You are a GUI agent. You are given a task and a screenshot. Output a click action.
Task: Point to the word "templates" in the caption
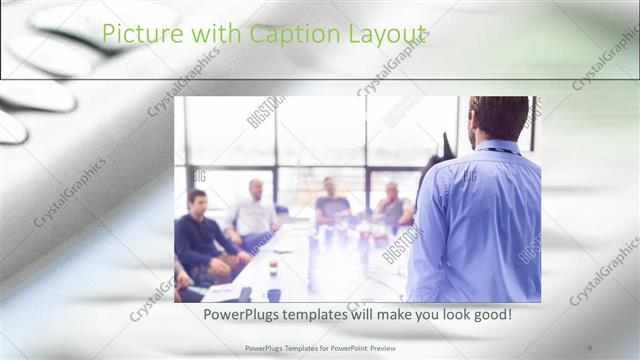click(x=321, y=315)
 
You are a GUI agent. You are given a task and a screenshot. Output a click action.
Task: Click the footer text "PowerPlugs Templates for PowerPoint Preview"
click(x=320, y=347)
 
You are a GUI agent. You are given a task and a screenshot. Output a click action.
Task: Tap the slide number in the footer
click(x=591, y=347)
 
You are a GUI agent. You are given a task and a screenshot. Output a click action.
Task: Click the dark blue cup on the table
click(x=273, y=295)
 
